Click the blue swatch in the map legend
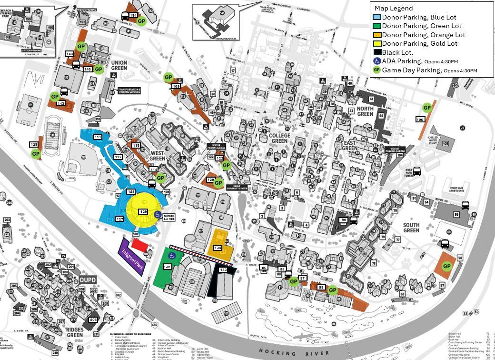pyautogui.click(x=377, y=17)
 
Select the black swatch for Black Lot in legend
pyautogui.click(x=377, y=52)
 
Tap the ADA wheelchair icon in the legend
pyautogui.click(x=377, y=61)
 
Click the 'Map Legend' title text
pyautogui.click(x=394, y=8)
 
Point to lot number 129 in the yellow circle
pyautogui.click(x=143, y=211)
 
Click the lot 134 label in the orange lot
pyautogui.click(x=218, y=248)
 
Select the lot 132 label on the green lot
pyautogui.click(x=167, y=267)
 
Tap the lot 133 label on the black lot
pyautogui.click(x=223, y=270)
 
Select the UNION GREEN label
pyautogui.click(x=119, y=66)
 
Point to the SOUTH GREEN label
pyautogui.click(x=411, y=228)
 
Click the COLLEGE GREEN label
pyautogui.click(x=279, y=138)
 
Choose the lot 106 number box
pyautogui.click(x=420, y=120)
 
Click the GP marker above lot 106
pyautogui.click(x=427, y=108)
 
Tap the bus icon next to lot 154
pyautogui.click(x=126, y=16)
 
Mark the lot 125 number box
pyautogui.click(x=34, y=144)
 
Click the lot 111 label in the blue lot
pyautogui.click(x=98, y=137)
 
